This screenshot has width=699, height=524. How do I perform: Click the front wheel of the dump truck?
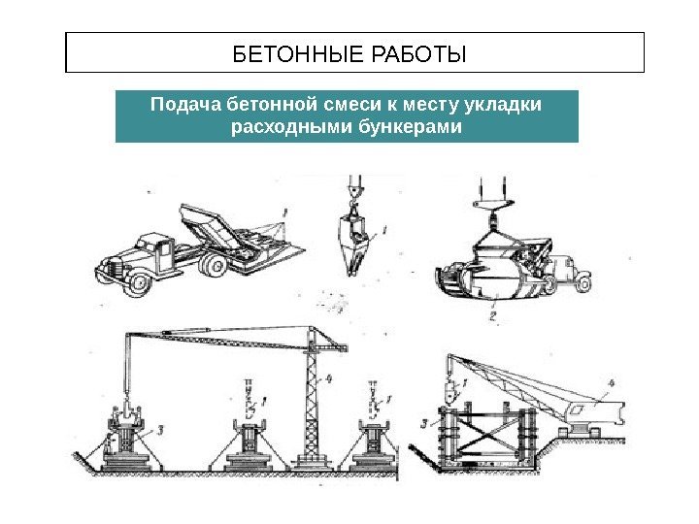point(139,283)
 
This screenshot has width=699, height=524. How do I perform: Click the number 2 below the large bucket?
point(492,315)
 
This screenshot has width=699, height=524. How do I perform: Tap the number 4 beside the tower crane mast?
point(329,380)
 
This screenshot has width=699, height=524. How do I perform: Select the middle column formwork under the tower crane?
point(250,442)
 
